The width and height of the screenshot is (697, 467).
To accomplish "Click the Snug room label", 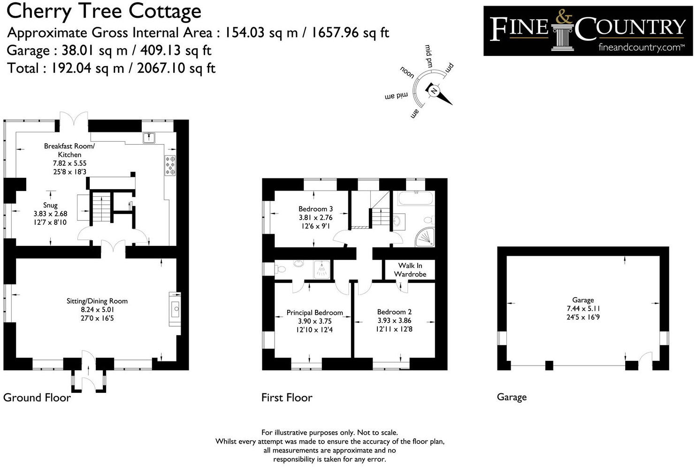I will tap(50, 205).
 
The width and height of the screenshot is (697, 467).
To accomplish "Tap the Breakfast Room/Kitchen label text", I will tap(69, 150).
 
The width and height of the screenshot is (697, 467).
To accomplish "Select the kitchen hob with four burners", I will tap(170, 166).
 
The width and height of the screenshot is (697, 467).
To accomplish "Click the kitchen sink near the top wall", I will tap(150, 137).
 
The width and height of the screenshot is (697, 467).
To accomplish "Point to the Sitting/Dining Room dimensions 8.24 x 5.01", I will tap(97, 310).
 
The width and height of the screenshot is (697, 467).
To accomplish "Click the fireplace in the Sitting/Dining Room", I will tap(175, 308).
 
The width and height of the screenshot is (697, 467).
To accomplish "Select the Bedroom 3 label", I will tap(316, 209).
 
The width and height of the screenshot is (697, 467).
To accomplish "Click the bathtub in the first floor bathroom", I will tap(415, 199).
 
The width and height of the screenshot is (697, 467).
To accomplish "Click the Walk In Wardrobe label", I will tap(410, 270).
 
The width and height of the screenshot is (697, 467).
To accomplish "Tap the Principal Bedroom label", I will tap(314, 313).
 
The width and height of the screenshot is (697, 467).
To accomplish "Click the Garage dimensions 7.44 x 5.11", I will tap(583, 308).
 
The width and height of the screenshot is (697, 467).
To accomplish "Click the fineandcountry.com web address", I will tap(641, 47).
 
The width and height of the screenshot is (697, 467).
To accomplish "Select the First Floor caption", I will tap(287, 398).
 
